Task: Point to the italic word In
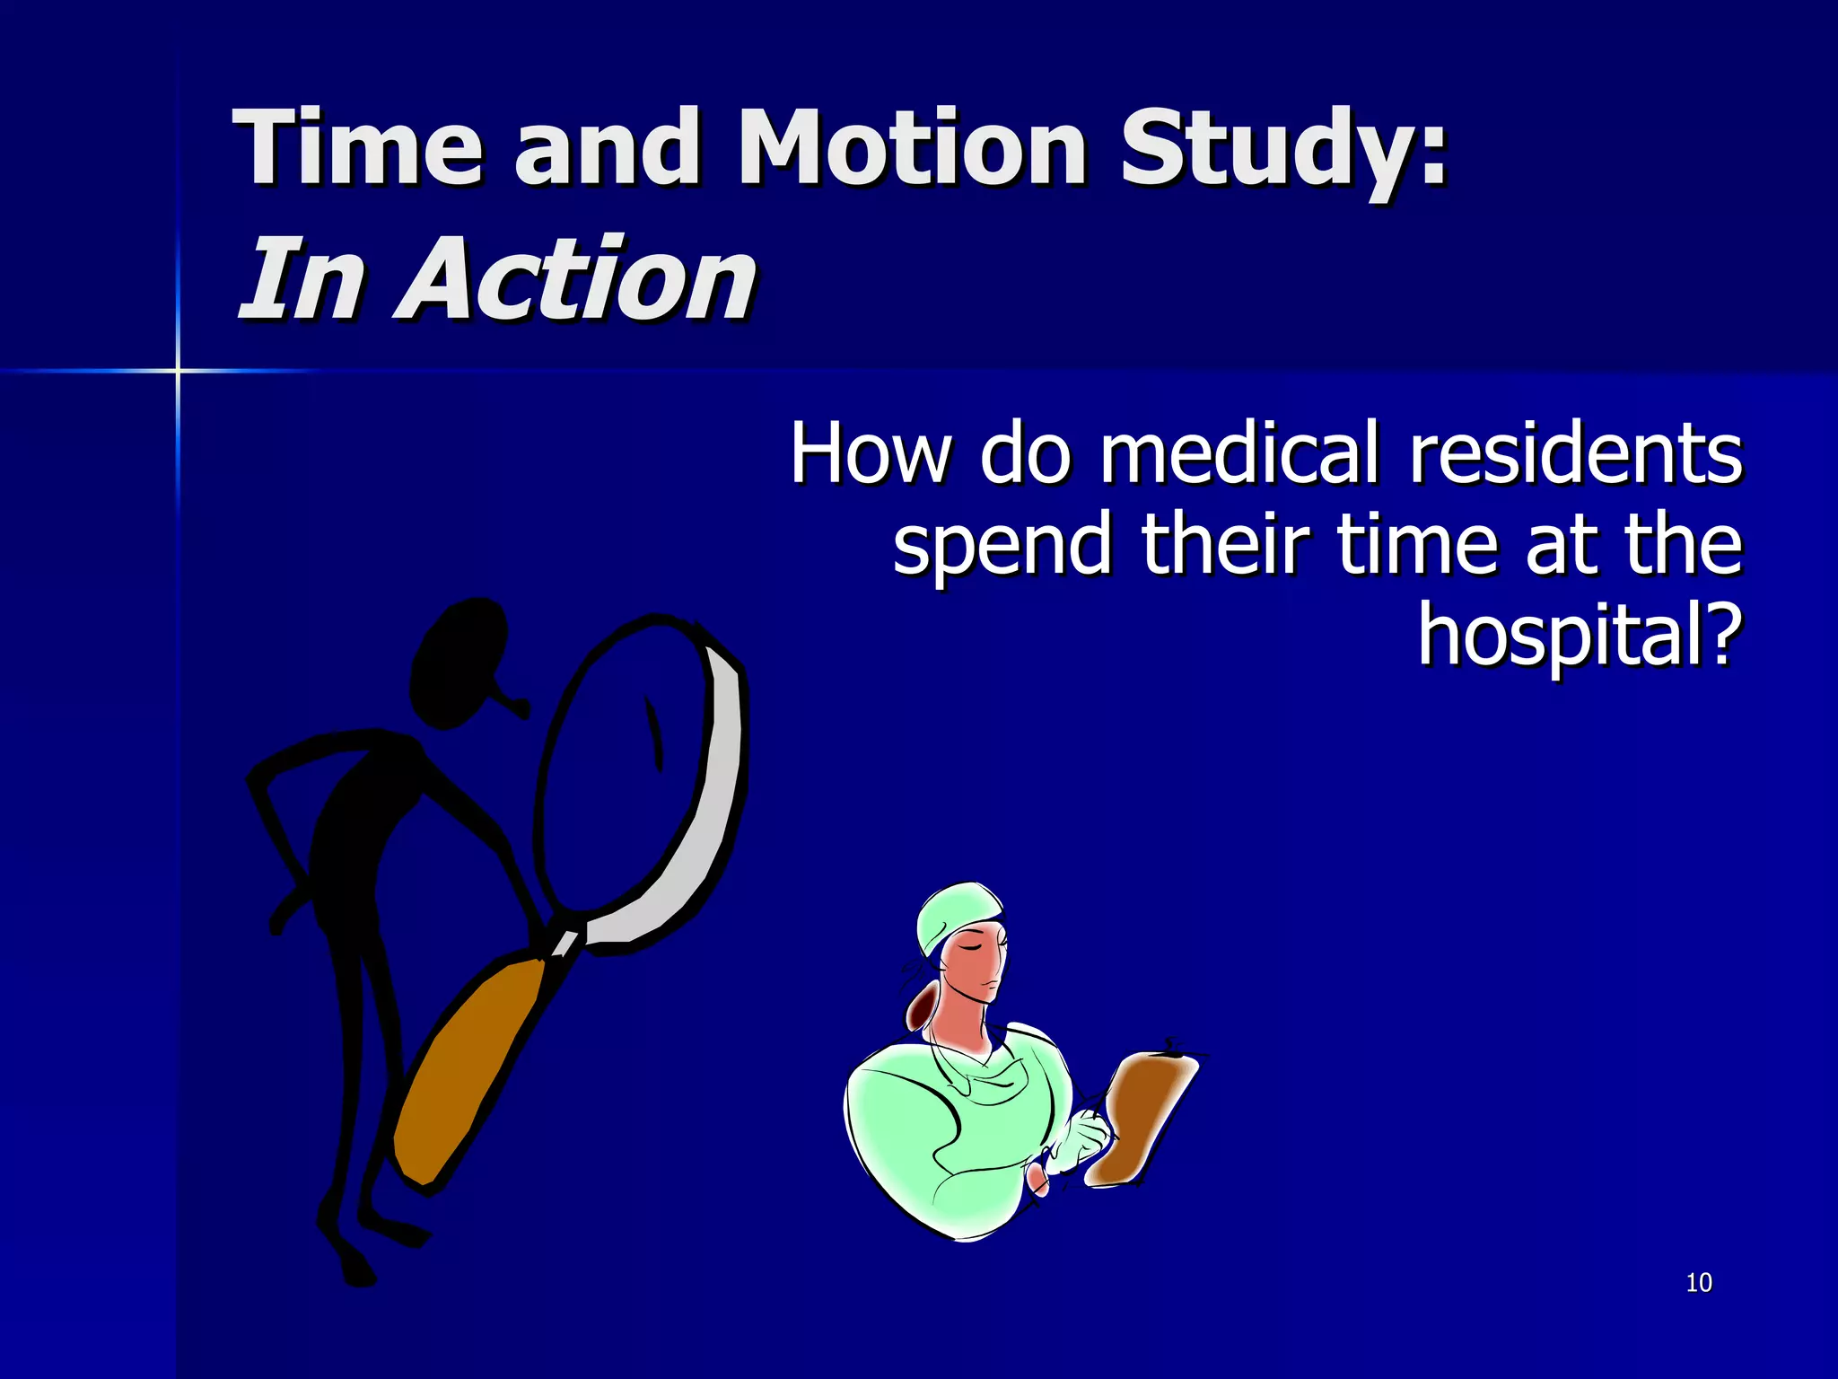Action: (x=301, y=280)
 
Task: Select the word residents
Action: (x=1576, y=454)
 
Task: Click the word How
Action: (x=869, y=454)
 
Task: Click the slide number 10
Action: (x=1699, y=1283)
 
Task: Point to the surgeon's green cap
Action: (x=956, y=911)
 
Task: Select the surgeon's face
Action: (x=974, y=970)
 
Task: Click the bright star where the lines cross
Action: (x=178, y=370)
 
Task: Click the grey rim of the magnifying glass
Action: (x=709, y=808)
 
